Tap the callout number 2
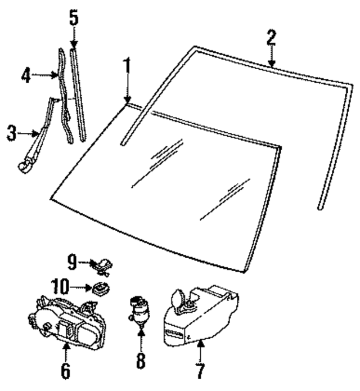(271, 38)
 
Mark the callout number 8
(141, 360)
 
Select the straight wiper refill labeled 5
(78, 93)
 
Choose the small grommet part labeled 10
(101, 290)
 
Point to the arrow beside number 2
(272, 59)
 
